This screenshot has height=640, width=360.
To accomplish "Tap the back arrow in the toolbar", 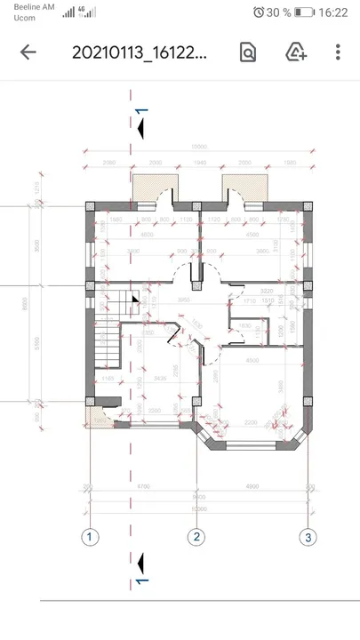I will pos(28,52).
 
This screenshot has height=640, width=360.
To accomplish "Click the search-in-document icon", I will pos(248,52).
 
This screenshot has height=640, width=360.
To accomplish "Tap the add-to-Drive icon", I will pos(296,52).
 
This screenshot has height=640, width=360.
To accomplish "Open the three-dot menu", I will pos(338,52).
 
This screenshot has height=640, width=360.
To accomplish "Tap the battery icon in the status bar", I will pos(305,12).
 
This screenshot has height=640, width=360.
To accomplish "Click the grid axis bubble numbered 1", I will pos(89,536).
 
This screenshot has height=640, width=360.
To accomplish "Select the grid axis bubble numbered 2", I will pos(197,536).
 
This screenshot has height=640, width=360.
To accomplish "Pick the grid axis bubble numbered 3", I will pos(308,536).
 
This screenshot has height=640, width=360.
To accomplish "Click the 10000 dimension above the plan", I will pos(199,147).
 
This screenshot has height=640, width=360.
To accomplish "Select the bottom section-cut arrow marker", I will pos(139,565).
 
